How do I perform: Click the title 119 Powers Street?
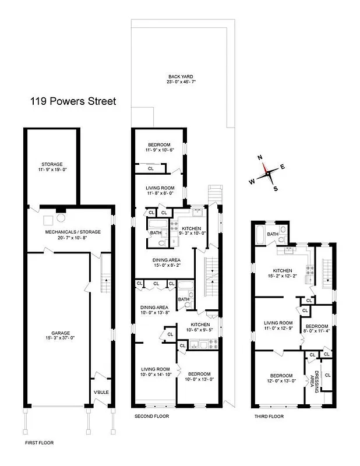pos(73,101)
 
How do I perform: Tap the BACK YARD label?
pos(181,76)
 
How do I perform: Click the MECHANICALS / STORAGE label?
pos(73,232)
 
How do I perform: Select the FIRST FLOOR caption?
pos(39,443)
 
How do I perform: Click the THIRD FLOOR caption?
pos(269,416)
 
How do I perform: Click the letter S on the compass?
pos(276,188)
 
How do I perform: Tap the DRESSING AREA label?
pos(315,382)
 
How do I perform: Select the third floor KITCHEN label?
pos(283,270)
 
